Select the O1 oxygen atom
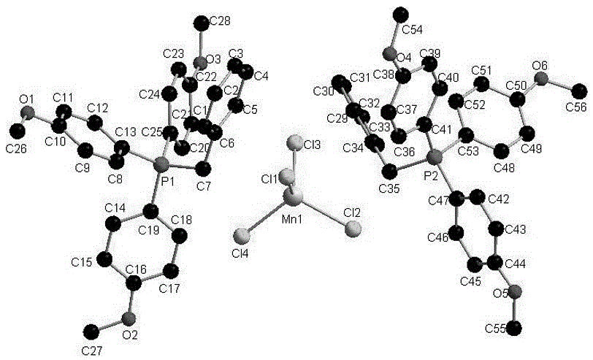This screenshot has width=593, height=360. pos(28,112)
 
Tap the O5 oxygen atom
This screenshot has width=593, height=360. pos(516,293)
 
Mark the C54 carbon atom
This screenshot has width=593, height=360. pos(399,13)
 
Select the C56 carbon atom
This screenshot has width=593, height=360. pos(580,91)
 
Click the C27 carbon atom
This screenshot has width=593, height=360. pos(90,332)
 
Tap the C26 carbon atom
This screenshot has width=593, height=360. pos(18,130)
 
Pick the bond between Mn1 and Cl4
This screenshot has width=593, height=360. pos(267,216)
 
